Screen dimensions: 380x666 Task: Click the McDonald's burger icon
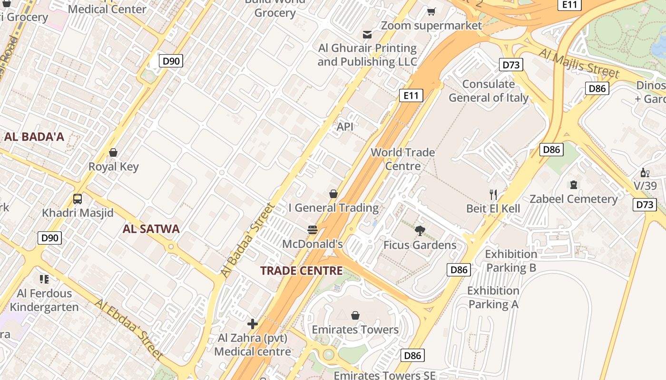point(313,230)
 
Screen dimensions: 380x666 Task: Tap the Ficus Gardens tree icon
point(420,231)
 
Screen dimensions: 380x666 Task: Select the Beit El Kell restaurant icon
point(493,194)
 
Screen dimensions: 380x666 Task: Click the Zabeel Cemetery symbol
point(573,185)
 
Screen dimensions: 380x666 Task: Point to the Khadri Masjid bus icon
point(78,199)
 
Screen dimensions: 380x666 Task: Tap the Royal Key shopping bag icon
point(113,152)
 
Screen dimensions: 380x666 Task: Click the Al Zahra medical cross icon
point(253,324)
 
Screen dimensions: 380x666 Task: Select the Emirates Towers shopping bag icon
point(355,315)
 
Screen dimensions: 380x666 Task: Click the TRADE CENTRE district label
point(302,271)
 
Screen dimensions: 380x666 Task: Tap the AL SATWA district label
point(151,229)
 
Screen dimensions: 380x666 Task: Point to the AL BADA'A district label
point(34,137)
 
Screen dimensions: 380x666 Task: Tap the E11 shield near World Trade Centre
point(411,95)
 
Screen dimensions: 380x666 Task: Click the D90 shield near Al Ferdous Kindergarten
point(49,237)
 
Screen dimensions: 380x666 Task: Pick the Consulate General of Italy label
point(489,91)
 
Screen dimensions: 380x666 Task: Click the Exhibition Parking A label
point(493,297)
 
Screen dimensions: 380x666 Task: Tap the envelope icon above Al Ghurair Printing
point(367,35)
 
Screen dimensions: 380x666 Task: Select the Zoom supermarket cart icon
point(431,12)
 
